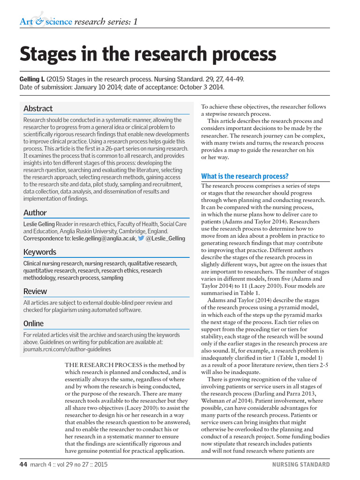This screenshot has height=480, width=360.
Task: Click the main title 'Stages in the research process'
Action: pos(148,55)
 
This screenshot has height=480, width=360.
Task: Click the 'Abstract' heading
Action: pos(38,108)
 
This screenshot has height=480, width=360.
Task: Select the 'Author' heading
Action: pos(35,212)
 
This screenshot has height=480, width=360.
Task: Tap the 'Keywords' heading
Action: pos(40,252)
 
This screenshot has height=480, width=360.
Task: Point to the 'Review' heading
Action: pos(35,291)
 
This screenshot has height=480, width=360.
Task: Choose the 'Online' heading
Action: pos(33,323)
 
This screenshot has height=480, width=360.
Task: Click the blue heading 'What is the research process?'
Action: pos(245,176)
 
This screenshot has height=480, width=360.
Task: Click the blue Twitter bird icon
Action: pos(141,238)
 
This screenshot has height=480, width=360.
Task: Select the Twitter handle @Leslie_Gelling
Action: pos(165,238)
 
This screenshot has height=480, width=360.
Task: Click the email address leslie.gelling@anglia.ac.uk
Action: pos(104,238)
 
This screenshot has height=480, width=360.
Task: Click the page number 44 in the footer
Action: pos(23,465)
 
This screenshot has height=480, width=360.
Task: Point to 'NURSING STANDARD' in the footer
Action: pos(301,465)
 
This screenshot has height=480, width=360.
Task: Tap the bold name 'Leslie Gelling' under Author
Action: pos(39,224)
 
